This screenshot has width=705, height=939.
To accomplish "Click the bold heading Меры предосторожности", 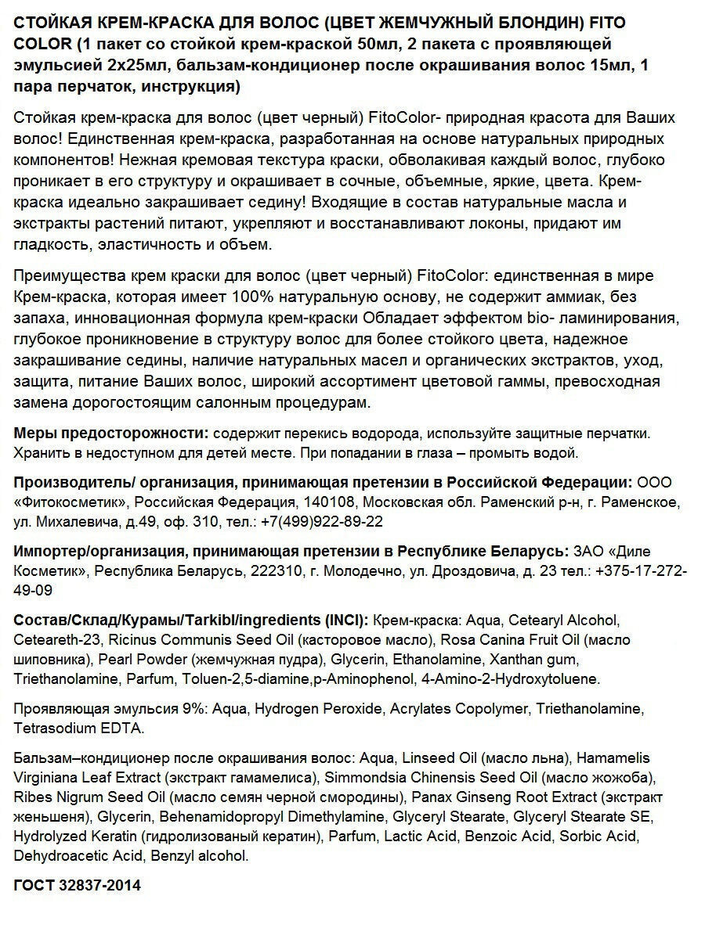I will click(x=110, y=433).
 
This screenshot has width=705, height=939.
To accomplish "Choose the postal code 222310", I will click(x=275, y=570).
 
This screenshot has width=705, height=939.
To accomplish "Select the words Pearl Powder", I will click(x=140, y=659).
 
